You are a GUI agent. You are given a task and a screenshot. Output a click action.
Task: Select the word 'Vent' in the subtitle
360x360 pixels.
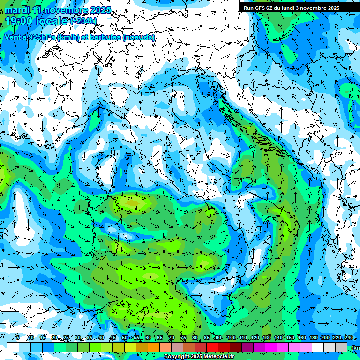pyautogui.click(x=14, y=37)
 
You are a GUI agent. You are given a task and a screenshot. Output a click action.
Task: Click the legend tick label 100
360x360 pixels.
pyautogui.click(x=231, y=338)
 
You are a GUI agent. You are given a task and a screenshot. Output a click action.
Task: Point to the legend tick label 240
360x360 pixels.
pyautogui.click(x=349, y=338)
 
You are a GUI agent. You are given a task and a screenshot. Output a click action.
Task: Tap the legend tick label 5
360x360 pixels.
pyautogui.click(x=18, y=338)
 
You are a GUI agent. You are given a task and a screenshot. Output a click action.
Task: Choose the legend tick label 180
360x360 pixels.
pyautogui.click(x=313, y=338)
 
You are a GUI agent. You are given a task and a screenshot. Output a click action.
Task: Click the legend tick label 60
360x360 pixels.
pyautogui.click(x=148, y=338)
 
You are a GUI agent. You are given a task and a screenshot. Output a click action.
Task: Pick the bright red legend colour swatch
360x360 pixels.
pyautogui.click(x=212, y=347)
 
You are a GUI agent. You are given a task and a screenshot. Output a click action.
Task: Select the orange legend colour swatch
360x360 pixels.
pyautogui.click(x=154, y=347)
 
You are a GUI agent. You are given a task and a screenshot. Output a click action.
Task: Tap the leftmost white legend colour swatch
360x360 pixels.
pyautogui.click(x=13, y=347)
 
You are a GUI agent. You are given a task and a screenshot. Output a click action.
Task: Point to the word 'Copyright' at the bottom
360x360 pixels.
pyautogui.click(x=177, y=357)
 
